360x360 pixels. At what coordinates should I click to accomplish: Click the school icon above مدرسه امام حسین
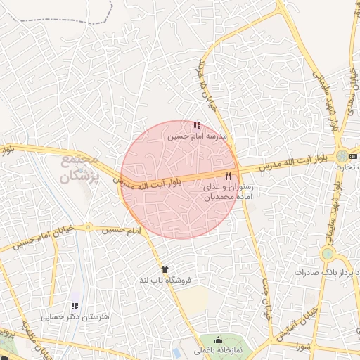tap(196, 125)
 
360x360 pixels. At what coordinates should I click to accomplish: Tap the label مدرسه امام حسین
tap(197, 136)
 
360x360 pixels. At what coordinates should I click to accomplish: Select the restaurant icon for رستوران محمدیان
tap(227, 176)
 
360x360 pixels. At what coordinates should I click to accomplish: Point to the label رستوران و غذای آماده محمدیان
tap(227, 193)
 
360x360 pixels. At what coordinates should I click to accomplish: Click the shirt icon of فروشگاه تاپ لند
tap(165, 269)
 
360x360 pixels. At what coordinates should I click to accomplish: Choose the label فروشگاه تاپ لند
tap(166, 280)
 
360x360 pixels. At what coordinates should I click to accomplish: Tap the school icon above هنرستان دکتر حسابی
tap(75, 307)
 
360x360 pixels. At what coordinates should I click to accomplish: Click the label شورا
tap(303, 346)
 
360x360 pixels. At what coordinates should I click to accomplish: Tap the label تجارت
tap(347, 168)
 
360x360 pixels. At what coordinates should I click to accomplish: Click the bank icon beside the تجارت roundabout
tap(353, 155)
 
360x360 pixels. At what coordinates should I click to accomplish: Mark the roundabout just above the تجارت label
tap(342, 155)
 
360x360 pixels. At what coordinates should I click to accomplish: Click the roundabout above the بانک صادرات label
tap(327, 254)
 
